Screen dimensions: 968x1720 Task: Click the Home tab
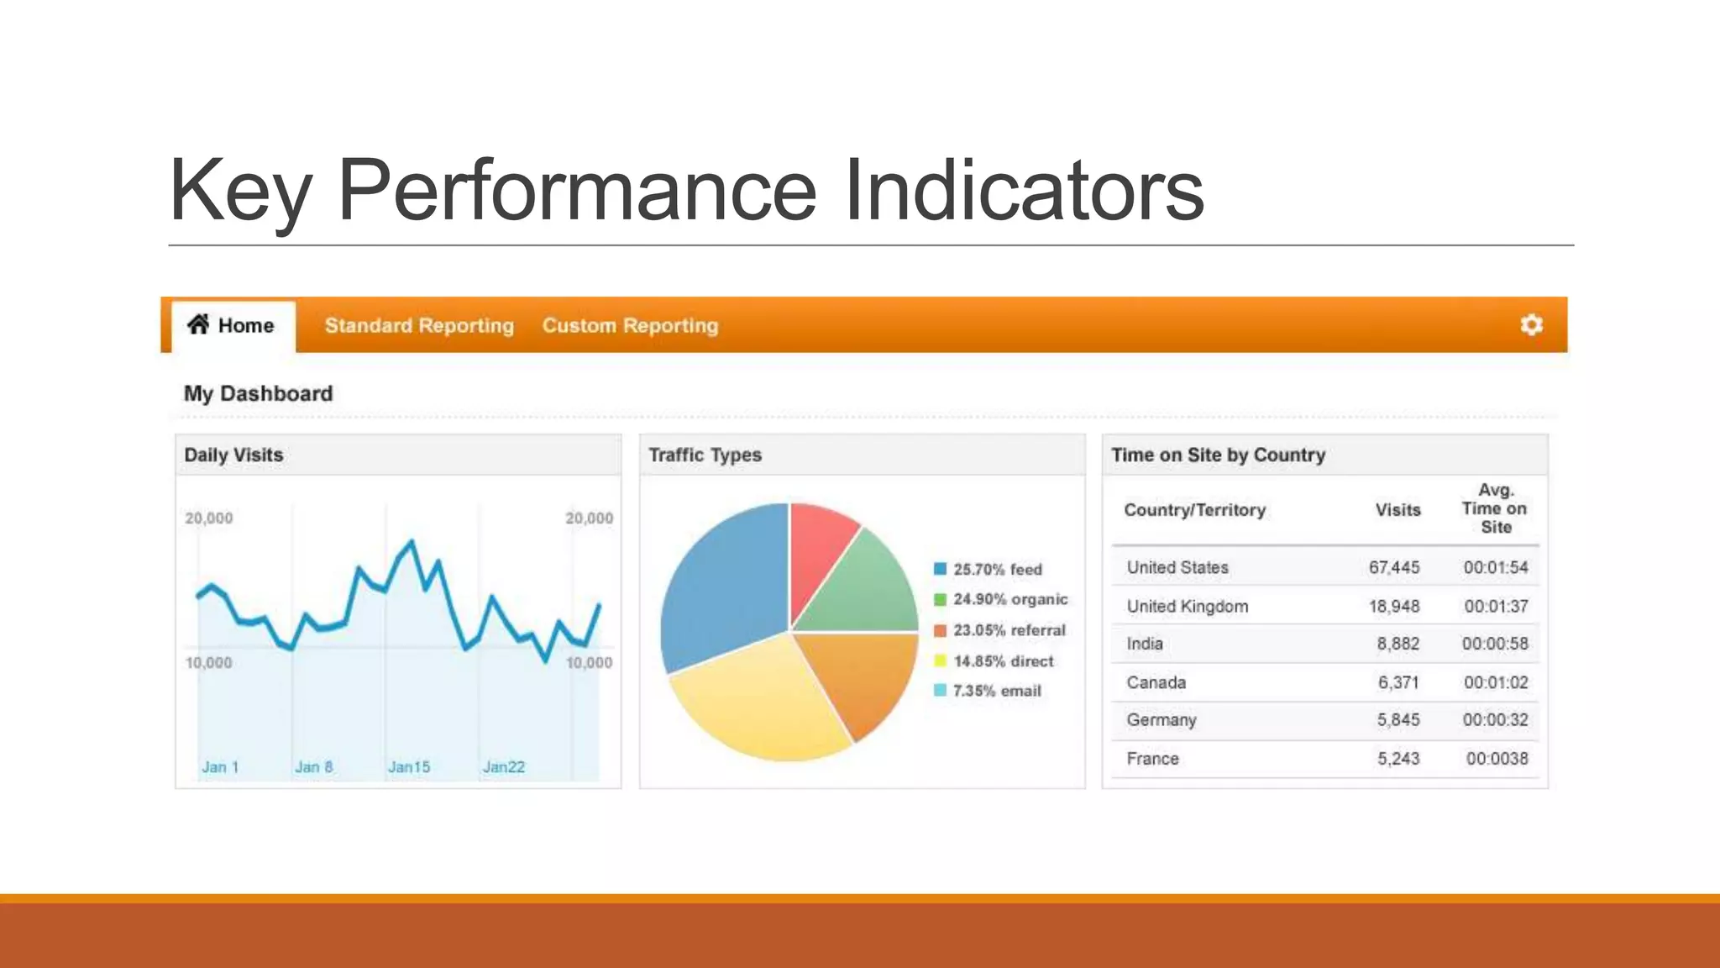(x=232, y=325)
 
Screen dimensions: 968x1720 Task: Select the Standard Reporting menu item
(x=419, y=325)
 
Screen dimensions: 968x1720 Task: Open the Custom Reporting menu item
(x=630, y=325)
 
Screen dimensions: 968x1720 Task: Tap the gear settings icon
(x=1531, y=324)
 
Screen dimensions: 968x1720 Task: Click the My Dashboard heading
(x=258, y=393)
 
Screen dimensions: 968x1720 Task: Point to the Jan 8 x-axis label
(x=313, y=766)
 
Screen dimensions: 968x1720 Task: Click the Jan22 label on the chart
(x=503, y=766)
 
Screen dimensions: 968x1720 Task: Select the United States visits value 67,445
(x=1393, y=567)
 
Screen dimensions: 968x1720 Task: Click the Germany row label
(x=1161, y=720)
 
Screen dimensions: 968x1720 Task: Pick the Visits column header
(x=1397, y=510)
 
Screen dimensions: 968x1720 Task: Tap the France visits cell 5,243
(x=1397, y=759)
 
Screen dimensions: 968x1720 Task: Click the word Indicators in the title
(x=1024, y=191)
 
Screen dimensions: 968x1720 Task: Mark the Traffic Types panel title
(x=705, y=455)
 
